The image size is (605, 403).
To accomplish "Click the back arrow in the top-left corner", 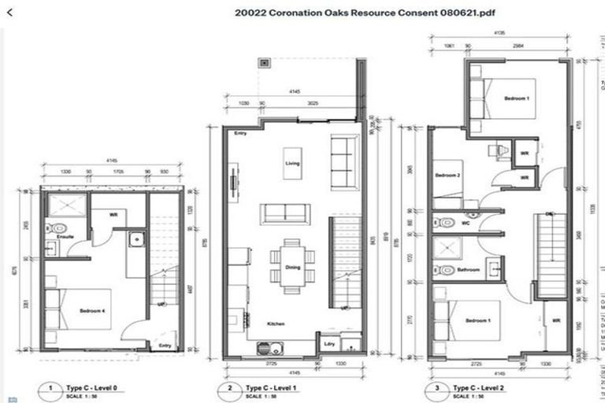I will tap(10, 12).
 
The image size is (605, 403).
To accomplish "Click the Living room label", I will tap(292, 163).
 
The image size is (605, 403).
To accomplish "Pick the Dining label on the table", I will tap(292, 268).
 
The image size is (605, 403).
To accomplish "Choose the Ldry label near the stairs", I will tap(330, 343).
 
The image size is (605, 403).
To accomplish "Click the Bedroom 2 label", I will tap(448, 176).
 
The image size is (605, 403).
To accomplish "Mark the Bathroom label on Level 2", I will tap(469, 270).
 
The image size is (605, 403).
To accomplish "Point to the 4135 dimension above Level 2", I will tap(499, 34).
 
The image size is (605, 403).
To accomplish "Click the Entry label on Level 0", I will tap(164, 345).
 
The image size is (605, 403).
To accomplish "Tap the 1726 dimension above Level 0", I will tap(117, 171).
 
